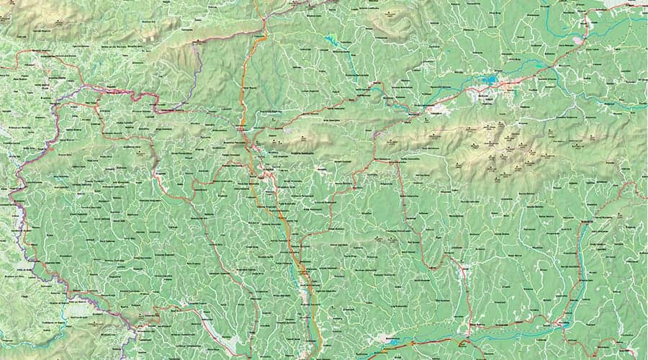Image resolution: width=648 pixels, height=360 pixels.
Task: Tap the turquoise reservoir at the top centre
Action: pyautogui.click(x=332, y=40)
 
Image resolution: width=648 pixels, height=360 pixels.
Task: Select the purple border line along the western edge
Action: pyautogui.click(x=22, y=209)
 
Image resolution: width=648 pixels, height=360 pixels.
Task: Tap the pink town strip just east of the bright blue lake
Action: pyautogui.click(x=504, y=84)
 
